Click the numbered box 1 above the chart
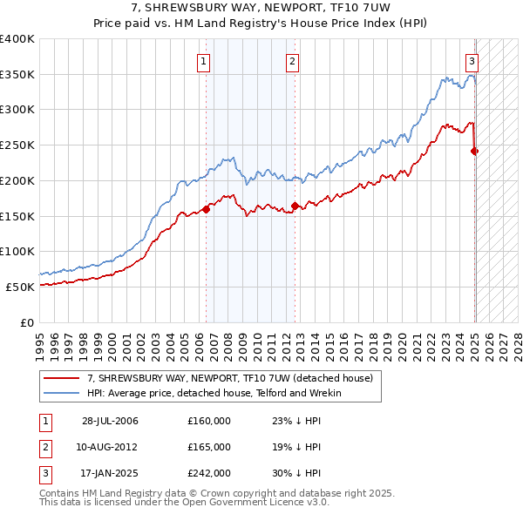point(202,61)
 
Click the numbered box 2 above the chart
point(291,61)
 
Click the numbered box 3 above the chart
point(472,61)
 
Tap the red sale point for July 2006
point(207,209)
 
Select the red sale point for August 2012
point(295,206)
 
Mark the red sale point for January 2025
point(475,151)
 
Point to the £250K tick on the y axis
point(17,145)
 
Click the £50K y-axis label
point(20,287)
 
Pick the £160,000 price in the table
point(209,421)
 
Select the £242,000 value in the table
point(209,473)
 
